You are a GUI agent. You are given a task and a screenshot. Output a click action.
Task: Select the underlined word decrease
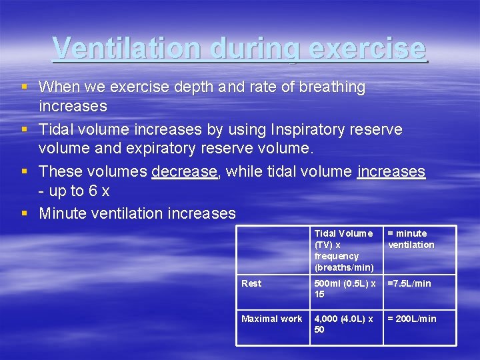click(x=185, y=171)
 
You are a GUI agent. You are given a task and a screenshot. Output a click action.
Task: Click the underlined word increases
click(x=391, y=171)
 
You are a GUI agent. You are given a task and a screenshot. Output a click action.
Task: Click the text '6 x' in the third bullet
click(x=97, y=191)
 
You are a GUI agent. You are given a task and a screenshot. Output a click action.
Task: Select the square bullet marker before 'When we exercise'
click(x=25, y=87)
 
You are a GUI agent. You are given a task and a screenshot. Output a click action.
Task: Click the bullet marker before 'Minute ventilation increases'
click(x=25, y=213)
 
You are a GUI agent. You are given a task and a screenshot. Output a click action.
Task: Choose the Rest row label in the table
click(x=251, y=283)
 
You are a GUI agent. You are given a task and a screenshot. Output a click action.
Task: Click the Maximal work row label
click(x=271, y=319)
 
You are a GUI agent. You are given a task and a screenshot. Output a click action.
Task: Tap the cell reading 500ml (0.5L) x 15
click(x=345, y=289)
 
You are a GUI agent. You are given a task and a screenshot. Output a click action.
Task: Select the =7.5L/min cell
click(x=409, y=283)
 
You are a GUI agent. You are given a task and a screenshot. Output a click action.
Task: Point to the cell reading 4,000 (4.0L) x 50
click(x=345, y=324)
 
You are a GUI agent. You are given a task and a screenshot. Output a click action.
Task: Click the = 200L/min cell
click(x=412, y=319)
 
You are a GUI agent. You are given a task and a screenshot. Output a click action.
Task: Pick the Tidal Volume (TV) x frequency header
click(x=344, y=250)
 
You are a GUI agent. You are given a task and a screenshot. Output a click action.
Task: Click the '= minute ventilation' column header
click(x=411, y=239)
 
